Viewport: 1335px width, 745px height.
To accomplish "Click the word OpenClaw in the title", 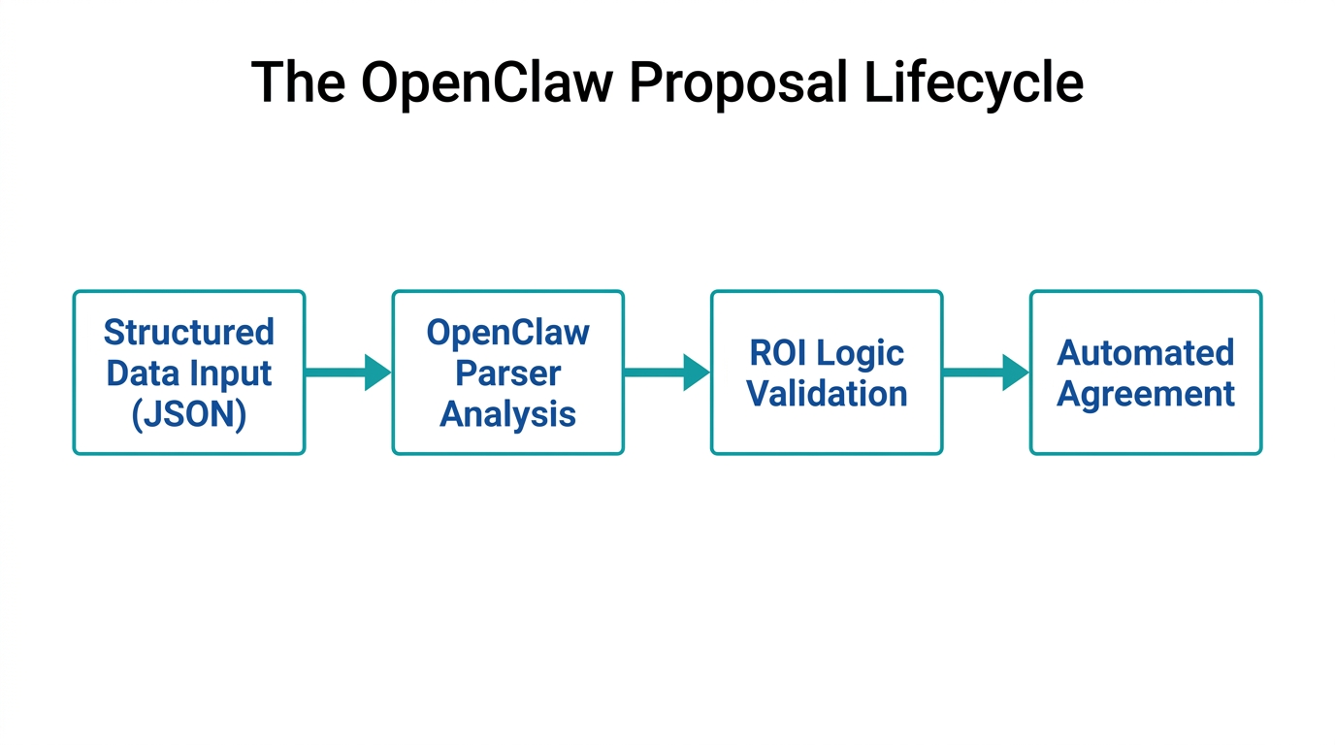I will tap(486, 82).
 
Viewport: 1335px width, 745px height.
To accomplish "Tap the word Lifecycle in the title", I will tap(973, 82).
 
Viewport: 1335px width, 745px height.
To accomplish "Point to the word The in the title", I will tap(298, 82).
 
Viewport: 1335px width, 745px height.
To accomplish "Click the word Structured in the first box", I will tap(189, 333).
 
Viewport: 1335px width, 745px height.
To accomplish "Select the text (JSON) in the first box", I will tap(189, 414).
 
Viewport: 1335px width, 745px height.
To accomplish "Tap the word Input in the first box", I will tap(229, 374).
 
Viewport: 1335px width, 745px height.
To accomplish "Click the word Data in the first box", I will tap(144, 373).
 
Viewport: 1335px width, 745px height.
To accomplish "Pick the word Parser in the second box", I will tap(507, 373).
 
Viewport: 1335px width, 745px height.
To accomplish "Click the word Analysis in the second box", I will tap(507, 414).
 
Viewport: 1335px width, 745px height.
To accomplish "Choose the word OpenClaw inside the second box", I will tap(507, 333).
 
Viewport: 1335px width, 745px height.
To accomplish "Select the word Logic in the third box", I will tap(862, 353).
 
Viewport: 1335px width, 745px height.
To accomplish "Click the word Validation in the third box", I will tap(827, 394).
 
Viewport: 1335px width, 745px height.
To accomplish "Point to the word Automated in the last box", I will tap(1145, 353).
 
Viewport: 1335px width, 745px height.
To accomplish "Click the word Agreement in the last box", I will tap(1145, 394).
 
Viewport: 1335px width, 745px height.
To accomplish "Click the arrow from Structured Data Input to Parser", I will tap(347, 372).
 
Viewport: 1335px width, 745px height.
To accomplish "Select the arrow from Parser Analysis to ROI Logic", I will tap(667, 372).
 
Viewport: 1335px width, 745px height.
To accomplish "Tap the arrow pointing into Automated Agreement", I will tap(985, 372).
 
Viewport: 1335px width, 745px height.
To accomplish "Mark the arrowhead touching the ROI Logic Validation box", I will tap(696, 372).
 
